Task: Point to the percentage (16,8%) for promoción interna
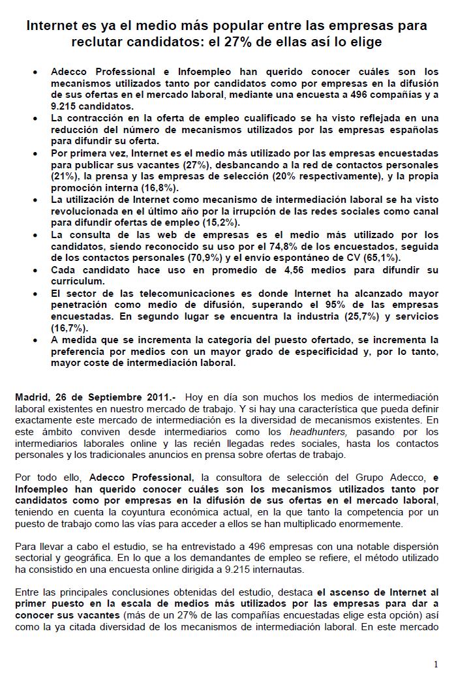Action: pos(159,188)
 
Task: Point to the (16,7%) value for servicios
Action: pos(68,328)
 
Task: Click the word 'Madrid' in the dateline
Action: pos(32,397)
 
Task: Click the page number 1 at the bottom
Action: pos(435,664)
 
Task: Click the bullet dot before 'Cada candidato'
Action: pos(35,270)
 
